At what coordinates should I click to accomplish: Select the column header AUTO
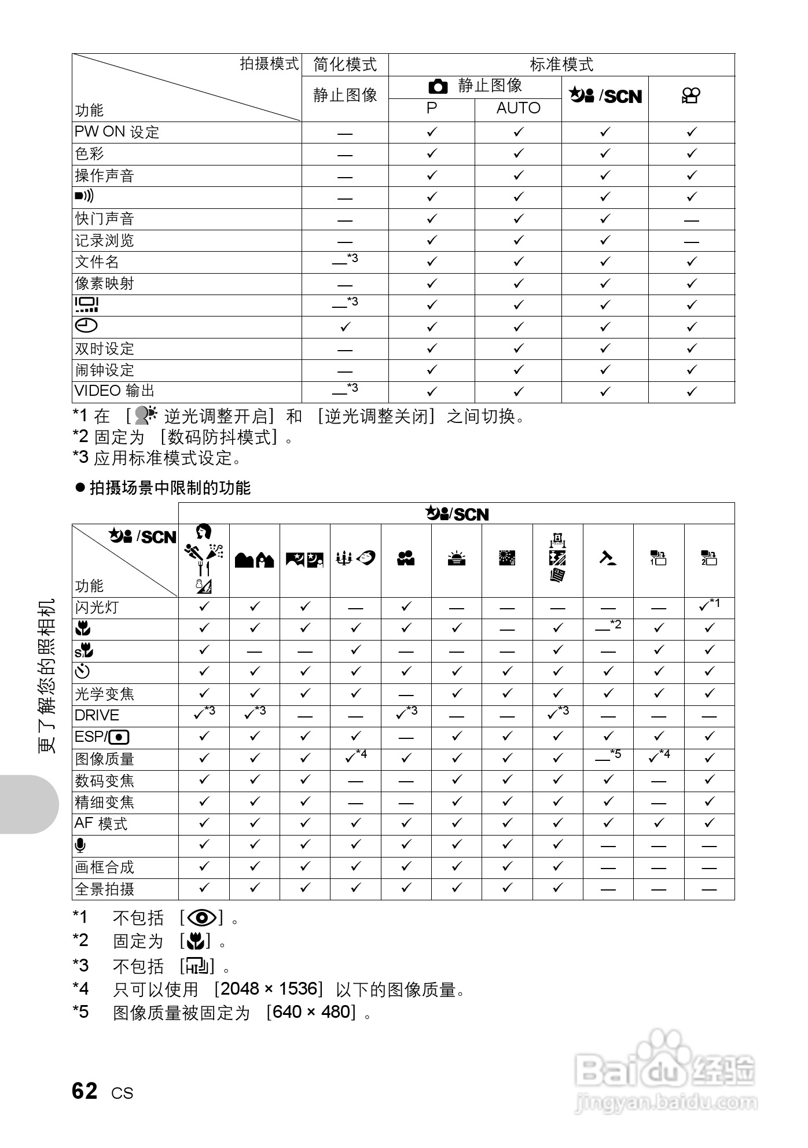pyautogui.click(x=518, y=109)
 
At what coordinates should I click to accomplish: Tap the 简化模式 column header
pyautogui.click(x=345, y=64)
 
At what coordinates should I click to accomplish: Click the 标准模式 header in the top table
pyautogui.click(x=561, y=64)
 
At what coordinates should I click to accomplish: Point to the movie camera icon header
pyautogui.click(x=691, y=96)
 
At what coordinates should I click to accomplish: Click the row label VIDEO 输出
pyautogui.click(x=115, y=391)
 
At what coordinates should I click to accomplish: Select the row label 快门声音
pyautogui.click(x=105, y=219)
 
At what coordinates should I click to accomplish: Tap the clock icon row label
pyautogui.click(x=86, y=326)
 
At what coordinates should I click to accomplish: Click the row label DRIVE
pyautogui.click(x=97, y=716)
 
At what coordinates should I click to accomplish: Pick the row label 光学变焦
pyautogui.click(x=105, y=694)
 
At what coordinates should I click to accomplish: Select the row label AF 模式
pyautogui.click(x=101, y=824)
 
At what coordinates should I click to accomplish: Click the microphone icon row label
pyautogui.click(x=80, y=846)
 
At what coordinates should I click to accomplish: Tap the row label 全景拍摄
pyautogui.click(x=105, y=889)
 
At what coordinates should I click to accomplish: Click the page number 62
pyautogui.click(x=85, y=1091)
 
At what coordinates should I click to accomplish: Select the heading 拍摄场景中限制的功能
pyautogui.click(x=170, y=488)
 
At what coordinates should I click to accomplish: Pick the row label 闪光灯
pyautogui.click(x=97, y=608)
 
